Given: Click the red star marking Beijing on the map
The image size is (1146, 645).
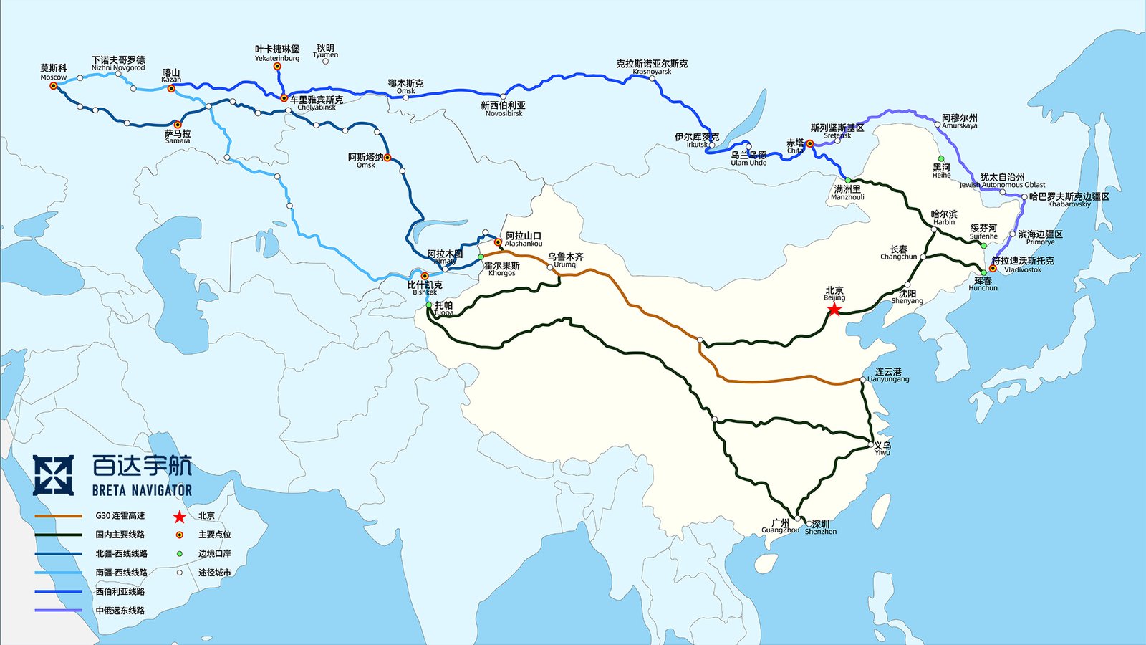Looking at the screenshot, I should tap(834, 310).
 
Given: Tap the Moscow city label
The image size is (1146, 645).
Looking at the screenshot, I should tap(54, 72).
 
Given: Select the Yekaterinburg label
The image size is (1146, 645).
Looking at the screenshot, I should tap(277, 53).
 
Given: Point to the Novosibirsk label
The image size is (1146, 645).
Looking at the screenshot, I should tap(504, 109).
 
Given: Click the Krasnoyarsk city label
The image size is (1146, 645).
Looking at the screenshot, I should tap(652, 67).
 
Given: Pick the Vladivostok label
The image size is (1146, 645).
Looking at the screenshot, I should tap(1023, 264).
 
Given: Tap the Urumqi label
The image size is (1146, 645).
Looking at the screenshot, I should tap(566, 260).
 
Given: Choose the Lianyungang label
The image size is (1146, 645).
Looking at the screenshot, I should tap(888, 375).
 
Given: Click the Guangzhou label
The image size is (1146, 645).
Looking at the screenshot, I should tap(780, 527).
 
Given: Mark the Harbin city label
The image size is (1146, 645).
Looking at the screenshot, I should tap(944, 218).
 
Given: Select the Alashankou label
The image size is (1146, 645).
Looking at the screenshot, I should tap(524, 239).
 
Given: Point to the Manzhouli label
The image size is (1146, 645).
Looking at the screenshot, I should tap(847, 193).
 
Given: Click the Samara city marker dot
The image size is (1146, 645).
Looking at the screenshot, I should tap(178, 125).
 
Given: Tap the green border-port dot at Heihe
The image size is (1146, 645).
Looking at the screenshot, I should tap(941, 158).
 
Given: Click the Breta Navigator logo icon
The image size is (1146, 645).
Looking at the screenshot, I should tap(53, 475).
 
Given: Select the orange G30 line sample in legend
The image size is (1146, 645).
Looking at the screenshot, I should tap(58, 516).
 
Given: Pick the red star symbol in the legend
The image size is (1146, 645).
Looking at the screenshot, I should tap(179, 516).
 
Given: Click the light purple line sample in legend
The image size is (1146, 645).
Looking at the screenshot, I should tap(58, 611).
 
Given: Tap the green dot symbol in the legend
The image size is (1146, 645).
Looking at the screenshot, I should tap(179, 554).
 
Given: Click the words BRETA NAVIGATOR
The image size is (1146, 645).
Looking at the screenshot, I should tap(142, 491).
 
